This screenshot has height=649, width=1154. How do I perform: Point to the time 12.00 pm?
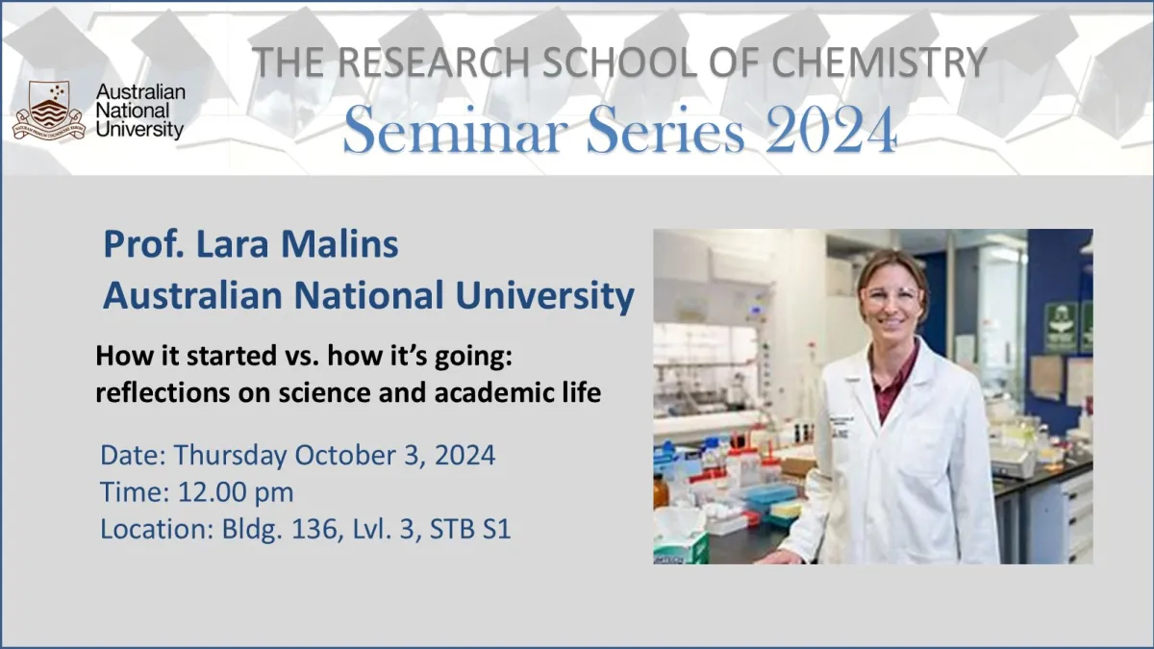tap(236, 492)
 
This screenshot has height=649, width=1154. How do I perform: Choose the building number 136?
tap(325, 530)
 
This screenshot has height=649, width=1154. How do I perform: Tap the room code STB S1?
tap(470, 530)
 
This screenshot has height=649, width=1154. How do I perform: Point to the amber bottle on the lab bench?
tap(661, 491)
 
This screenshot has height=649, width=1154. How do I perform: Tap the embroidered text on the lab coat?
tap(840, 423)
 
